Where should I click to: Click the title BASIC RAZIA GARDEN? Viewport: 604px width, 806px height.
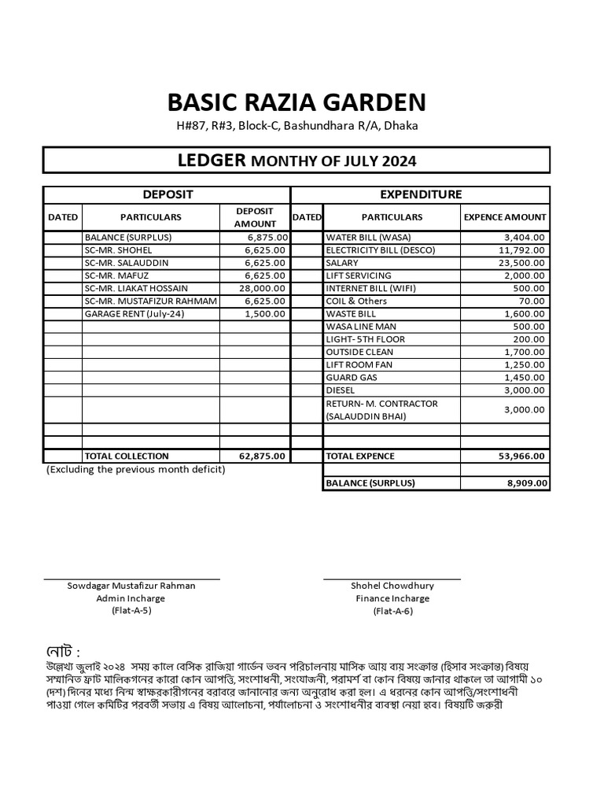tap(296, 102)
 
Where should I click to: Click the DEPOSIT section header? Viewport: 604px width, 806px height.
tap(167, 194)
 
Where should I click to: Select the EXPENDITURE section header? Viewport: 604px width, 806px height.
tap(421, 194)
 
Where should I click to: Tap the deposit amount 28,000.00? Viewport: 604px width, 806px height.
tap(265, 288)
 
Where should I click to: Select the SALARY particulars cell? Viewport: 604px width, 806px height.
tap(342, 263)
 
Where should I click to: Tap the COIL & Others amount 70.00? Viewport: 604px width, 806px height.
tap(532, 301)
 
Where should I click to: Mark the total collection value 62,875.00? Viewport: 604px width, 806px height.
tap(263, 456)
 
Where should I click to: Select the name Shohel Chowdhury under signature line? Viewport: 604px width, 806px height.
tap(392, 586)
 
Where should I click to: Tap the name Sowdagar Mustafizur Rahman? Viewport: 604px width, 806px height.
tap(131, 586)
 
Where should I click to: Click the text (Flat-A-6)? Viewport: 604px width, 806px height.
tap(392, 611)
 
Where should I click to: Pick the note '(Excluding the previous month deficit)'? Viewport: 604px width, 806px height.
tap(135, 470)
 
